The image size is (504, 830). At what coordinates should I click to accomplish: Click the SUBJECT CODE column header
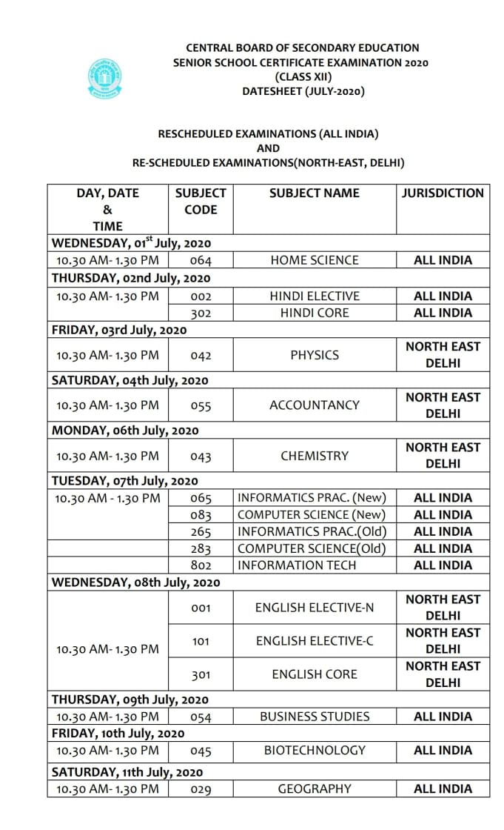[x=201, y=202]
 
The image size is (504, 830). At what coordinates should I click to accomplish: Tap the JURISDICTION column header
[x=443, y=193]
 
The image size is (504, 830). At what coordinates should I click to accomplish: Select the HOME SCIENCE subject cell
[x=315, y=260]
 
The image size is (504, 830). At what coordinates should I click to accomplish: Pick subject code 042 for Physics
[x=201, y=356]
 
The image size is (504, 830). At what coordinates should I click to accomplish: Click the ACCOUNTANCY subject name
[x=315, y=405]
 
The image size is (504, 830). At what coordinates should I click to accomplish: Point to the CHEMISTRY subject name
[x=315, y=456]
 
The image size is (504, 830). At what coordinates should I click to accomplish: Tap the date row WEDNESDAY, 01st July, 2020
[x=132, y=243]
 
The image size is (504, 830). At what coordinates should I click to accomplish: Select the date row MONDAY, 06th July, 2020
[x=125, y=431]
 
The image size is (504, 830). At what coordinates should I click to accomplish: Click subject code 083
[x=201, y=515]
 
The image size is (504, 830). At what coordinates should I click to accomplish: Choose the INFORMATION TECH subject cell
[x=297, y=565]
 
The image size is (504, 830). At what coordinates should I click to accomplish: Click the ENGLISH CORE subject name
[x=315, y=674]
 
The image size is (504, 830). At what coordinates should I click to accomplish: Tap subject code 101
[x=201, y=641]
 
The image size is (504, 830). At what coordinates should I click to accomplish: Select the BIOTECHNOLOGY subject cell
[x=315, y=751]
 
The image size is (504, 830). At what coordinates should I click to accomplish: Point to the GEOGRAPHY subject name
[x=315, y=789]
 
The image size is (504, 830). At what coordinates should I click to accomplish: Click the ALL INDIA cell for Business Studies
[x=443, y=717]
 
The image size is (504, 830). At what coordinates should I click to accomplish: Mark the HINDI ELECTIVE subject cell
[x=315, y=296]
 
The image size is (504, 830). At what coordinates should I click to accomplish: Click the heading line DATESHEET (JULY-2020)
[x=303, y=92]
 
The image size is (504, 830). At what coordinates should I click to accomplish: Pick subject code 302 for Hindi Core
[x=201, y=313]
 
